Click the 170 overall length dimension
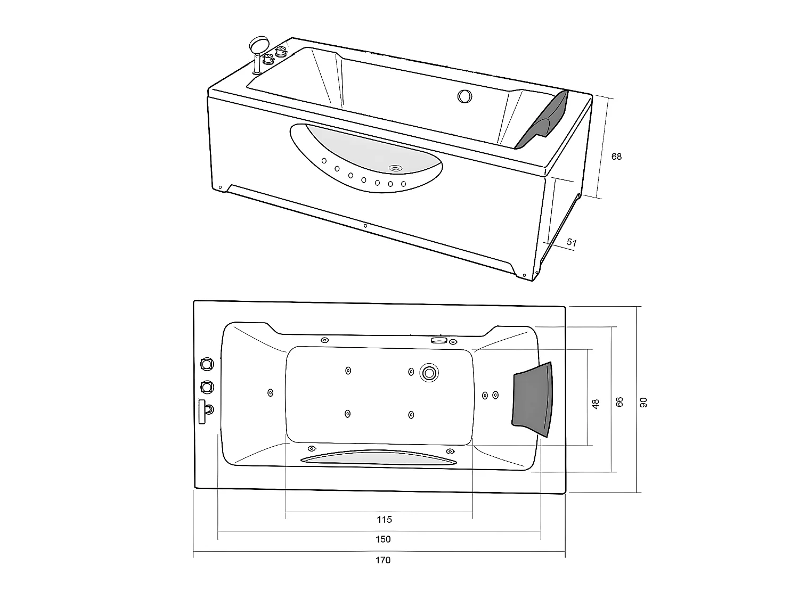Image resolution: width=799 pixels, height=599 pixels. click(383, 560)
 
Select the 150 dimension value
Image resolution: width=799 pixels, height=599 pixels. click(383, 539)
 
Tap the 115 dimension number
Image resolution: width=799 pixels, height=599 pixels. click(384, 519)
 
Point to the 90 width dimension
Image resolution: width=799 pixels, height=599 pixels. click(643, 403)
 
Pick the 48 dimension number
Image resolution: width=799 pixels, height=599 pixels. click(596, 404)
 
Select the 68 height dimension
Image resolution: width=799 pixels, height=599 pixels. click(616, 157)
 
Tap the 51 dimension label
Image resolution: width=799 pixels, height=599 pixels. click(571, 243)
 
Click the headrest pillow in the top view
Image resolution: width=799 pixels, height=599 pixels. click(532, 398)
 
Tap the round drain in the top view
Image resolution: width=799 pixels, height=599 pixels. click(428, 372)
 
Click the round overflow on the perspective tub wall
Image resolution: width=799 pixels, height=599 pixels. click(464, 96)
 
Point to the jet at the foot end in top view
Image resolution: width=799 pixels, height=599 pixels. click(270, 393)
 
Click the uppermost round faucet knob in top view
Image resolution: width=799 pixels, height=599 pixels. click(206, 364)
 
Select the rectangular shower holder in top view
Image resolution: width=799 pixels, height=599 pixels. click(202, 411)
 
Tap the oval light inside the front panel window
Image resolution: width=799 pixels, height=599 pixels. click(395, 168)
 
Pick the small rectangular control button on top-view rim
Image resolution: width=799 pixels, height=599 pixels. click(438, 340)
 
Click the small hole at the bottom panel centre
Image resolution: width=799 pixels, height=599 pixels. click(365, 226)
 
